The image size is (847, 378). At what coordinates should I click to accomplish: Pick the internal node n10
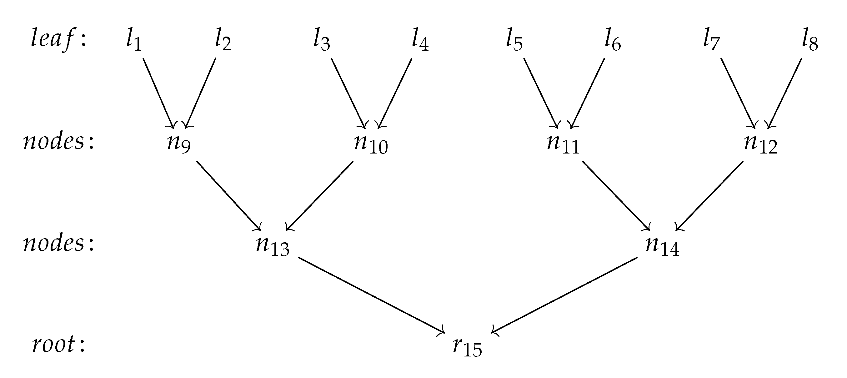point(371,144)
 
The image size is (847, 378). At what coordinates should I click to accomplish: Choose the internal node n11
point(563,144)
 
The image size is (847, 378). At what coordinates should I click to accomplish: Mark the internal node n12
point(760,144)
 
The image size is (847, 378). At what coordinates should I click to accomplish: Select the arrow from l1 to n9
point(158,93)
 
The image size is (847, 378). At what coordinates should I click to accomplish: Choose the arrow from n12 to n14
point(709,196)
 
